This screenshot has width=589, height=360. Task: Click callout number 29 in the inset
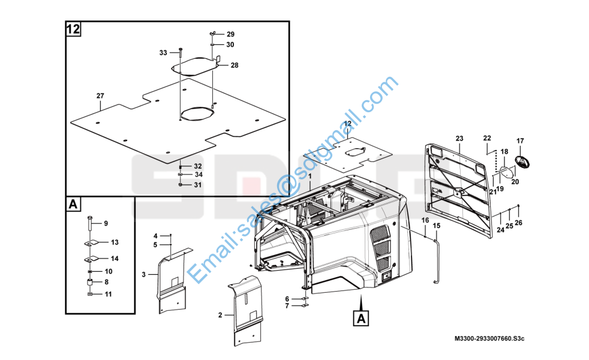click(x=230, y=34)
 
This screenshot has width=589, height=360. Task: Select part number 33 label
click(x=163, y=53)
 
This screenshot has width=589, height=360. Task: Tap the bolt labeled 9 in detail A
click(x=89, y=224)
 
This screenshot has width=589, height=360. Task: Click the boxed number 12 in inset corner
click(x=73, y=29)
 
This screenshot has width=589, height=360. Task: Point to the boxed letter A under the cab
click(x=360, y=318)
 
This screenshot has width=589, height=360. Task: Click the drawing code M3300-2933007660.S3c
click(x=489, y=338)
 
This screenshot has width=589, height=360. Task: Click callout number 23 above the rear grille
click(x=459, y=139)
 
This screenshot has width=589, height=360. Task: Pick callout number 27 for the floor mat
click(x=100, y=96)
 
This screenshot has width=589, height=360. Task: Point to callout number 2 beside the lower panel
click(x=220, y=315)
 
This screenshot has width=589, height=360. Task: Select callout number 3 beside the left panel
click(x=143, y=275)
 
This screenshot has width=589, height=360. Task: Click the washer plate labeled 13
click(x=92, y=244)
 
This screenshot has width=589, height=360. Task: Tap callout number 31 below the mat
click(x=197, y=185)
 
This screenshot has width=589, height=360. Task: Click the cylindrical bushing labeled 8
click(x=90, y=282)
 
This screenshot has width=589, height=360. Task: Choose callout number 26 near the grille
click(x=518, y=223)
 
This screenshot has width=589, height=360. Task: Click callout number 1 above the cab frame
click(x=310, y=176)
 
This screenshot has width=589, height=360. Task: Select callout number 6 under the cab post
click(x=287, y=299)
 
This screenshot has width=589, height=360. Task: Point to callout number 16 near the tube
click(x=425, y=220)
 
